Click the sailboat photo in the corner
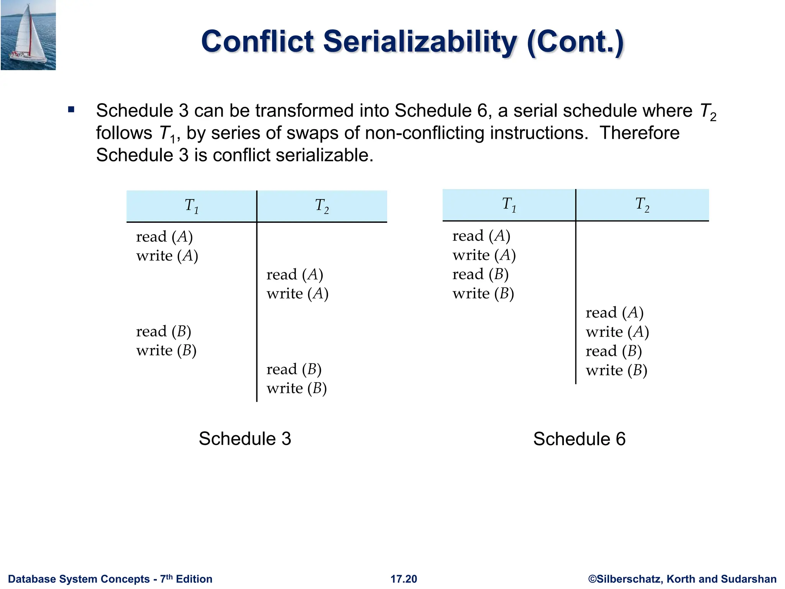28,35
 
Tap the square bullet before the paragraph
71,110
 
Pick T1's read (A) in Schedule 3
164,237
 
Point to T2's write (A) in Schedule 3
297,294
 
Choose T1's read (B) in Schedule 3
163,331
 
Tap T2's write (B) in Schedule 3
297,388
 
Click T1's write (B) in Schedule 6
483,294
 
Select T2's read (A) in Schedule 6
614,313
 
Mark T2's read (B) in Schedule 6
613,351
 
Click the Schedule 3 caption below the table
245,439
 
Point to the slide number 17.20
404,579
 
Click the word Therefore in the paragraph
639,133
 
